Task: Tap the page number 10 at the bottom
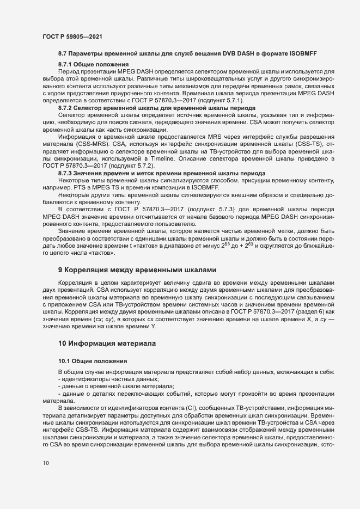tap(46, 463)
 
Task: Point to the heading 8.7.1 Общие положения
tap(85, 65)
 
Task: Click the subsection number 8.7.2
tap(66, 108)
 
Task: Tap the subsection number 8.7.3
tap(66, 157)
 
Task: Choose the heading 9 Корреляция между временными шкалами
tap(137, 269)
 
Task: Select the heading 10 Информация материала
tap(107, 344)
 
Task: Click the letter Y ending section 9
tap(138, 327)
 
